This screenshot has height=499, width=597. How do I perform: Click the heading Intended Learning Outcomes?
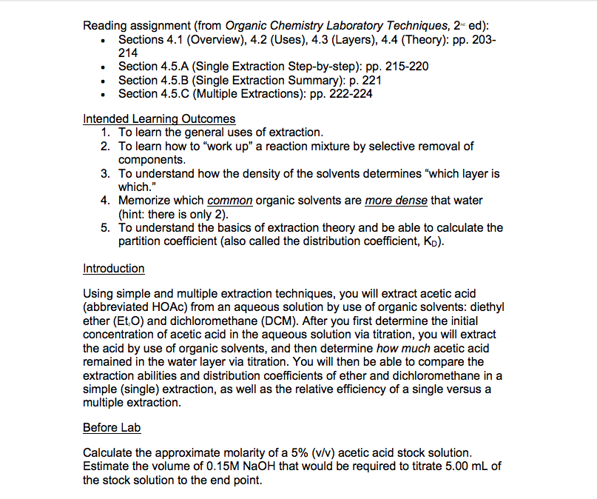point(159,118)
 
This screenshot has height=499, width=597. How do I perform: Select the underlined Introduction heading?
point(113,268)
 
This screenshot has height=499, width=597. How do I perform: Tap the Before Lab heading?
point(111,427)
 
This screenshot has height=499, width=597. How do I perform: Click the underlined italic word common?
point(230,201)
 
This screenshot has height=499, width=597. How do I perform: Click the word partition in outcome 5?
point(141,241)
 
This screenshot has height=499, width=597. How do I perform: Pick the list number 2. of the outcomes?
point(107,146)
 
